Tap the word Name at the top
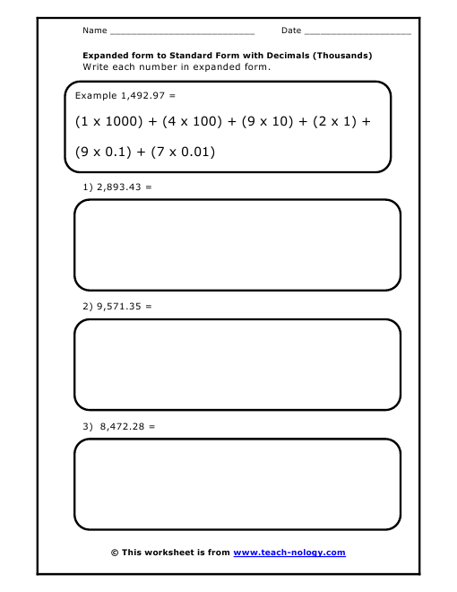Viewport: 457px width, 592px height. tap(94, 30)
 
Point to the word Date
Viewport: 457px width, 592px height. tap(291, 30)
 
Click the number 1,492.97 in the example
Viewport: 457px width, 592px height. tap(144, 94)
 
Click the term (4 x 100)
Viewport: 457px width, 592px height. tap(189, 121)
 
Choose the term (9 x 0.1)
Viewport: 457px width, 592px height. tap(105, 152)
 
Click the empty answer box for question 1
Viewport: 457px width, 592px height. tap(237, 245)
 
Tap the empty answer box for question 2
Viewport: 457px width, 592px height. tap(237, 365)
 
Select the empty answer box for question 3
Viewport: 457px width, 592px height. tap(237, 484)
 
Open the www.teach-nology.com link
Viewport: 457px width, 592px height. tap(289, 553)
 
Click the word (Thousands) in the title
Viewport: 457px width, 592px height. tap(341, 56)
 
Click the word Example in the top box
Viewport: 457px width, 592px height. tap(96, 94)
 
